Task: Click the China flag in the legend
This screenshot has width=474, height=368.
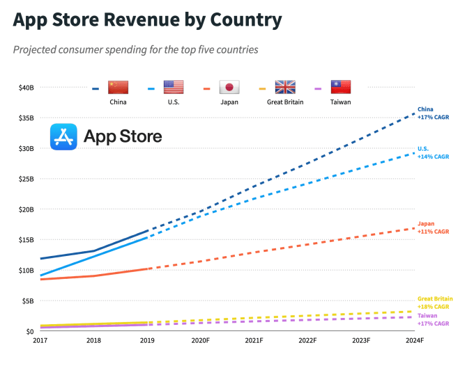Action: pos(118,87)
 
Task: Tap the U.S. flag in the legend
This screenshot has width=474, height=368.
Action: pos(174,87)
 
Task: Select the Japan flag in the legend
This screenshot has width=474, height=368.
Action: pos(229,87)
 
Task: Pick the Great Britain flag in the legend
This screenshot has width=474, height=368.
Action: pos(285,87)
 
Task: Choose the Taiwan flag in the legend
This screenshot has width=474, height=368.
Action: pos(341,87)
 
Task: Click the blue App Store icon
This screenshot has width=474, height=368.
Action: pos(63,136)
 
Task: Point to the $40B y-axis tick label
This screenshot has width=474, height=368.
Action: pos(26,88)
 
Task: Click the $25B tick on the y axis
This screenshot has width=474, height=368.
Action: pos(26,179)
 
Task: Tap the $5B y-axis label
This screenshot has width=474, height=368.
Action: pos(27,301)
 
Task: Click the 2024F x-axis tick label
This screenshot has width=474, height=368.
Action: pos(414,341)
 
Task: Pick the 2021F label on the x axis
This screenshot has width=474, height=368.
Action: pos(254,341)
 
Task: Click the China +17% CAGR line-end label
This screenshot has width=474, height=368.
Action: pos(433,113)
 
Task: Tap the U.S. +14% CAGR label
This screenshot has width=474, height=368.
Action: pos(433,153)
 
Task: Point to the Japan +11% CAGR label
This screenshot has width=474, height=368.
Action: pos(433,227)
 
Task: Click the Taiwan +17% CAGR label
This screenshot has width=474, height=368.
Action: pos(433,319)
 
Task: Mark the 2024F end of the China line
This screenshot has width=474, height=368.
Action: pos(415,113)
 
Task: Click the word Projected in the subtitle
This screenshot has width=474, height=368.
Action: pos(36,50)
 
